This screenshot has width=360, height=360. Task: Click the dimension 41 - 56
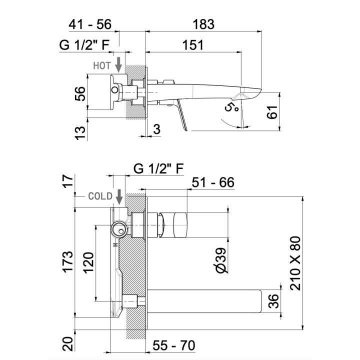click(91, 24)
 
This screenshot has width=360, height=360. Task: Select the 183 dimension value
click(203, 24)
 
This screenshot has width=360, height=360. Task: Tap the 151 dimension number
click(192, 45)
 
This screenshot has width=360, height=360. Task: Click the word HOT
click(102, 65)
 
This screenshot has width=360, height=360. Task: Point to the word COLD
click(99, 196)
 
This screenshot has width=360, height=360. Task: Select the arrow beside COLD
click(119, 196)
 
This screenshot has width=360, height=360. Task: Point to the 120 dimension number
click(88, 261)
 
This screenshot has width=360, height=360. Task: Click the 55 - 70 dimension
click(174, 345)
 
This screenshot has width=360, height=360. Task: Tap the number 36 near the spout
click(273, 301)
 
